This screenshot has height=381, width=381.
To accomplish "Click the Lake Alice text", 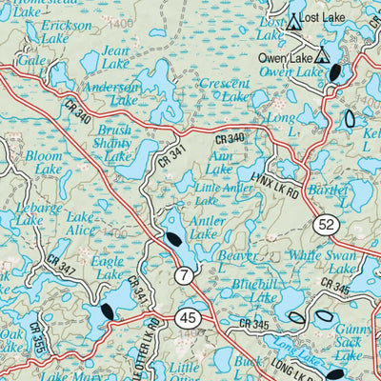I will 81,223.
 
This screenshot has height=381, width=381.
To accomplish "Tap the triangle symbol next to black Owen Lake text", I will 322,54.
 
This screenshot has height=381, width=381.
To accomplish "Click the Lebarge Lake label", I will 29,213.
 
